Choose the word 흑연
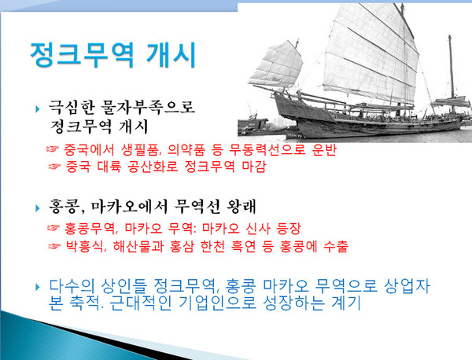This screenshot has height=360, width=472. [266, 247]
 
